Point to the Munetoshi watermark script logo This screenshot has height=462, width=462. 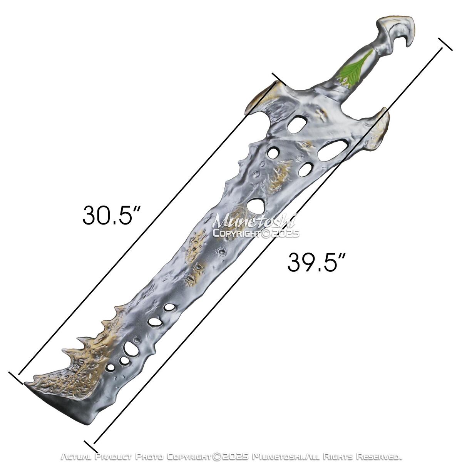click(x=254, y=221)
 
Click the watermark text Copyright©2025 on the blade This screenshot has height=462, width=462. click(x=256, y=234)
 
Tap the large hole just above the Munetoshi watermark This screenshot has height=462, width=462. click(x=255, y=206)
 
